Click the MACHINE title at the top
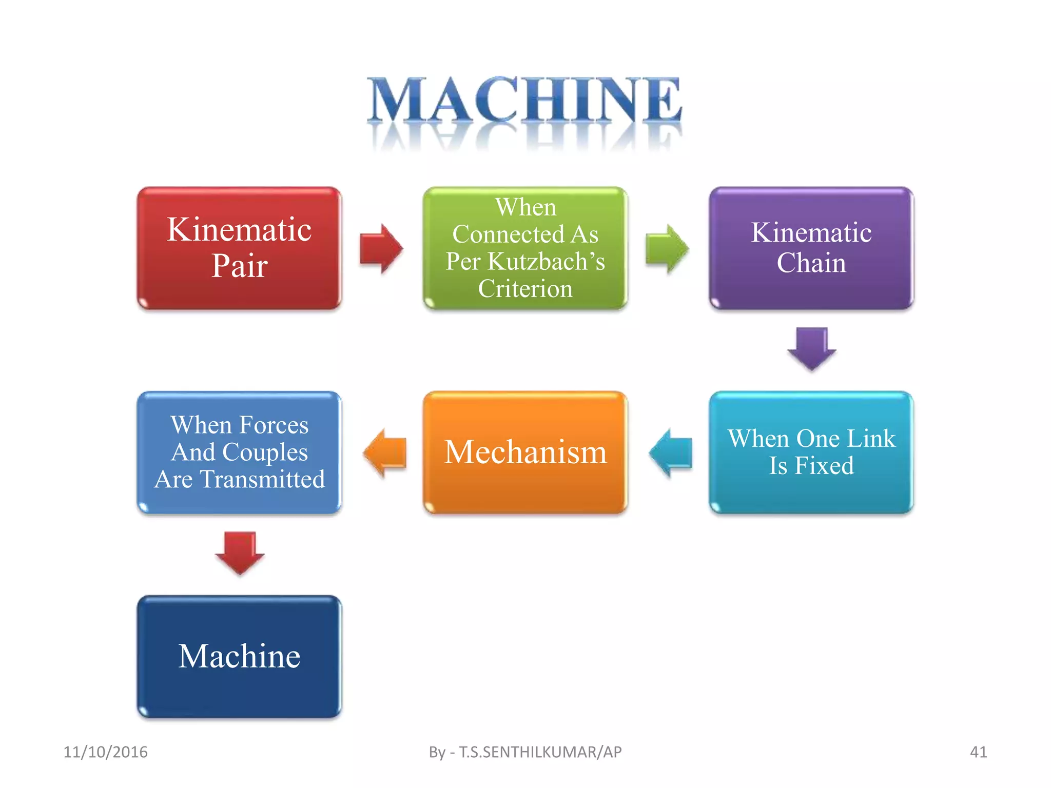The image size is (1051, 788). (x=524, y=100)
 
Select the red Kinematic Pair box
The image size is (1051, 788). (x=239, y=248)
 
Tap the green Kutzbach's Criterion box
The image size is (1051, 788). (x=525, y=248)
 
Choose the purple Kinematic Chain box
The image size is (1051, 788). (x=811, y=248)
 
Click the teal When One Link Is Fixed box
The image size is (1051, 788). (x=811, y=452)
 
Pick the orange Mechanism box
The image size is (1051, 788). (x=525, y=452)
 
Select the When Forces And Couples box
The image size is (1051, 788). (x=239, y=452)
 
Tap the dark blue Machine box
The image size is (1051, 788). (x=239, y=656)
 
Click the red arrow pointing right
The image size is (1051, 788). (x=381, y=249)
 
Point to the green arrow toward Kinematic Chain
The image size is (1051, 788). (x=667, y=249)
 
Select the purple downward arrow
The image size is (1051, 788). (x=811, y=348)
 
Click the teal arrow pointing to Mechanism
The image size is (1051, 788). (x=671, y=453)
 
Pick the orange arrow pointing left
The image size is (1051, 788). (x=385, y=453)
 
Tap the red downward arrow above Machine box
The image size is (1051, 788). (x=240, y=553)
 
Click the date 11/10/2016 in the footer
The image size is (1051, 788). (x=105, y=752)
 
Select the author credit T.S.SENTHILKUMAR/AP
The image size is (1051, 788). (x=540, y=752)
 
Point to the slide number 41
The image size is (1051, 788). (x=978, y=752)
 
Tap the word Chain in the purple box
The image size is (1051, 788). (x=811, y=263)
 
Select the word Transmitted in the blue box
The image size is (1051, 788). (x=262, y=479)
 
